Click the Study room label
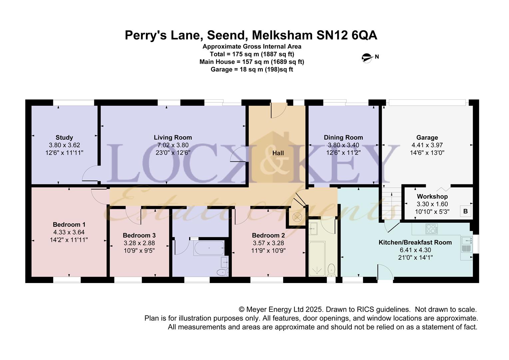pyautogui.click(x=64, y=138)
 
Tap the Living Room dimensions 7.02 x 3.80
pyautogui.click(x=173, y=145)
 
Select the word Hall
pyautogui.click(x=278, y=153)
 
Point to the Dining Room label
pyautogui.click(x=343, y=138)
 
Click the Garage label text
pyautogui.click(x=427, y=138)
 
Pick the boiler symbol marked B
pyautogui.click(x=466, y=211)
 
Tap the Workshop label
pyautogui.click(x=432, y=196)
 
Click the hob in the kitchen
pyautogui.click(x=431, y=229)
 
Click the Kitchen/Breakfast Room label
pyautogui.click(x=415, y=242)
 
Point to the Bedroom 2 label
pyautogui.click(x=268, y=235)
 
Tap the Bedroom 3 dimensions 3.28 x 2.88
pyautogui.click(x=139, y=243)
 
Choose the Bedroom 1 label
pyautogui.click(x=69, y=225)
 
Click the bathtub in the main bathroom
pyautogui.click(x=209, y=248)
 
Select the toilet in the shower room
pyautogui.click(x=332, y=270)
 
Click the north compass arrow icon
pyautogui.click(x=367, y=58)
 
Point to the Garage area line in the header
pyautogui.click(x=252, y=69)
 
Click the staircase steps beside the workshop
pyautogui.click(x=391, y=203)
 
